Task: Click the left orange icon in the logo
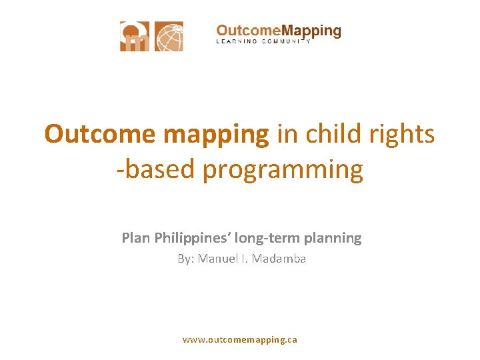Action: (x=135, y=37)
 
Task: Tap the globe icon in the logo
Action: (x=169, y=37)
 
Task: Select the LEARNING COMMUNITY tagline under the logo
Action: (x=264, y=42)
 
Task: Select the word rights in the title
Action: (x=404, y=134)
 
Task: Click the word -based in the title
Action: (x=155, y=169)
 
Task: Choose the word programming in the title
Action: (x=283, y=170)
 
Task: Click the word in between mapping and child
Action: (x=287, y=134)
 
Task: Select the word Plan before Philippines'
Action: (x=136, y=237)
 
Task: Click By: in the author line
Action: (x=185, y=259)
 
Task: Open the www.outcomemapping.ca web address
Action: (x=240, y=339)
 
